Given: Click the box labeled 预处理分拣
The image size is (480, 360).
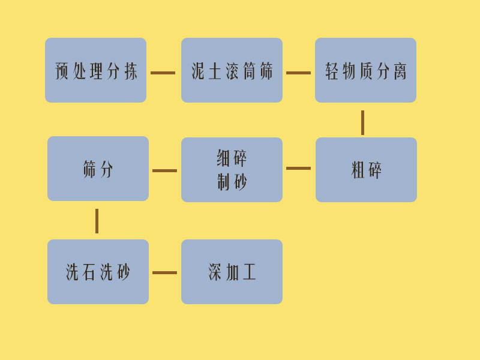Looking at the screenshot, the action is pos(95,70).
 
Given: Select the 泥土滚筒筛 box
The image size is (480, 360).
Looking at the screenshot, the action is pos(232,70).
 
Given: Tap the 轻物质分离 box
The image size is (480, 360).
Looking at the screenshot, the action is pos(365,70).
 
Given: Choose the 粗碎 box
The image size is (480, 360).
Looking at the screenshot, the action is pos(366,170).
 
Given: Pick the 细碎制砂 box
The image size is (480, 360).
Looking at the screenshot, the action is pos(232,170).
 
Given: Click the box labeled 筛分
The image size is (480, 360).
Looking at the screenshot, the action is pos(98,169).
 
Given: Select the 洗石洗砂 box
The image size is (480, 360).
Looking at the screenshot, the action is pos(98,272).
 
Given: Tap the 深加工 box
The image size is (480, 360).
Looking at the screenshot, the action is pos(232,272).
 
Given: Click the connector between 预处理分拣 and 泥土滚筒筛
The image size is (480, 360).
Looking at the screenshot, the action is pos(163,73).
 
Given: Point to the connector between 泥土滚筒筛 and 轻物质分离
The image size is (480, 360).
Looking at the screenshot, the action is pos(298,73).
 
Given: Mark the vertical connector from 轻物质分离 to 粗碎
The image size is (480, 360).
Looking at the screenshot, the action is pos(363,123).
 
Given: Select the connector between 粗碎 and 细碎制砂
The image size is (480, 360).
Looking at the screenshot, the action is pos(298,168).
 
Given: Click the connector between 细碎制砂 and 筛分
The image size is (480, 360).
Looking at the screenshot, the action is pos(164,170).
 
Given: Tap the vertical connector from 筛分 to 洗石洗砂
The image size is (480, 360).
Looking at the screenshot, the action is pos(97,221).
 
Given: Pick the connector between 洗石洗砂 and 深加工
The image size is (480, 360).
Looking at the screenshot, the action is pos(164,272).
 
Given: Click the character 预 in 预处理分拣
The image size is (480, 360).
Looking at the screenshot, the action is pos(62,71).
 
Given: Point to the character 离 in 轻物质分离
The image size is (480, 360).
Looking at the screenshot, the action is pos(400,71).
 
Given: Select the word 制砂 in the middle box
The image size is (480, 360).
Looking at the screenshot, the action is pos(232,182).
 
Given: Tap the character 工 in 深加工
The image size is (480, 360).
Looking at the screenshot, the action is pos(249,272).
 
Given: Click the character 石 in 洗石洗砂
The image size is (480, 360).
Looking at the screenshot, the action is pos(89,272).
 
